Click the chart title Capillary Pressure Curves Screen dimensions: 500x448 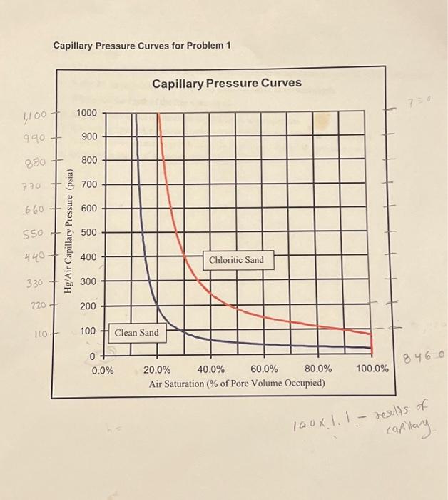[226, 83]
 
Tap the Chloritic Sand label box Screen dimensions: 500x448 [235, 259]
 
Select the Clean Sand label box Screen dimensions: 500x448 [137, 332]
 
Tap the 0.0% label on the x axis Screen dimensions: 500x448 [103, 369]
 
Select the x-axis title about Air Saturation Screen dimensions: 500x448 [237, 384]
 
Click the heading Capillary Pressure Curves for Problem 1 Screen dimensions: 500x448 [143, 46]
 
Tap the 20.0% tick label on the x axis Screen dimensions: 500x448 [157, 369]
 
